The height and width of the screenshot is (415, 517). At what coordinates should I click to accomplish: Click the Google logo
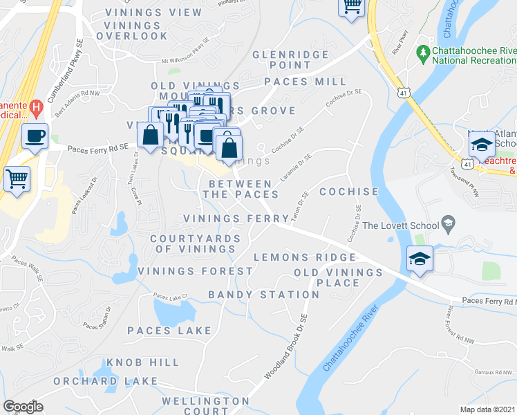click(23, 407)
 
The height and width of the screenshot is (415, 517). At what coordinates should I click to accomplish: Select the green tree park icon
click(422, 53)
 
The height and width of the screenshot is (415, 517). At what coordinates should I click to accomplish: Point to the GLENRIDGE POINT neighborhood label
click(282, 59)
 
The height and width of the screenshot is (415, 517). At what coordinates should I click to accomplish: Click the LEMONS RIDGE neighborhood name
click(304, 257)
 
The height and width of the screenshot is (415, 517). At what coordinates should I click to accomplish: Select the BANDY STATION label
click(264, 295)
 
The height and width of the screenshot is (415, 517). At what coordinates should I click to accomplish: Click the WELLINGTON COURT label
click(196, 406)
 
